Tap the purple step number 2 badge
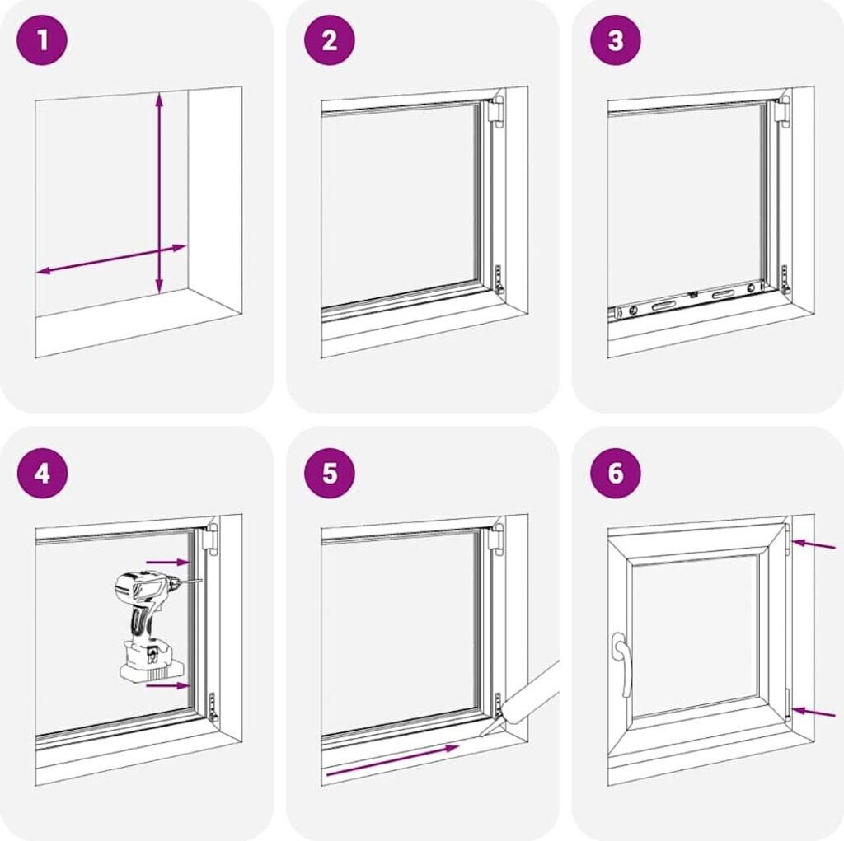(x=329, y=40)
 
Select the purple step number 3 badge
(x=616, y=40)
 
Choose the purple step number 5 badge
(x=329, y=474)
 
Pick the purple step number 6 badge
(x=616, y=474)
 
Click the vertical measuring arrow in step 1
(x=159, y=194)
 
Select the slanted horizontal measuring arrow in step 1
(x=111, y=259)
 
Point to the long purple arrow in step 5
(x=392, y=760)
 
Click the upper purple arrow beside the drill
(x=168, y=562)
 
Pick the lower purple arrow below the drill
(x=168, y=685)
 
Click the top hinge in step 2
(x=498, y=110)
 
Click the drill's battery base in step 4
(x=152, y=662)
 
